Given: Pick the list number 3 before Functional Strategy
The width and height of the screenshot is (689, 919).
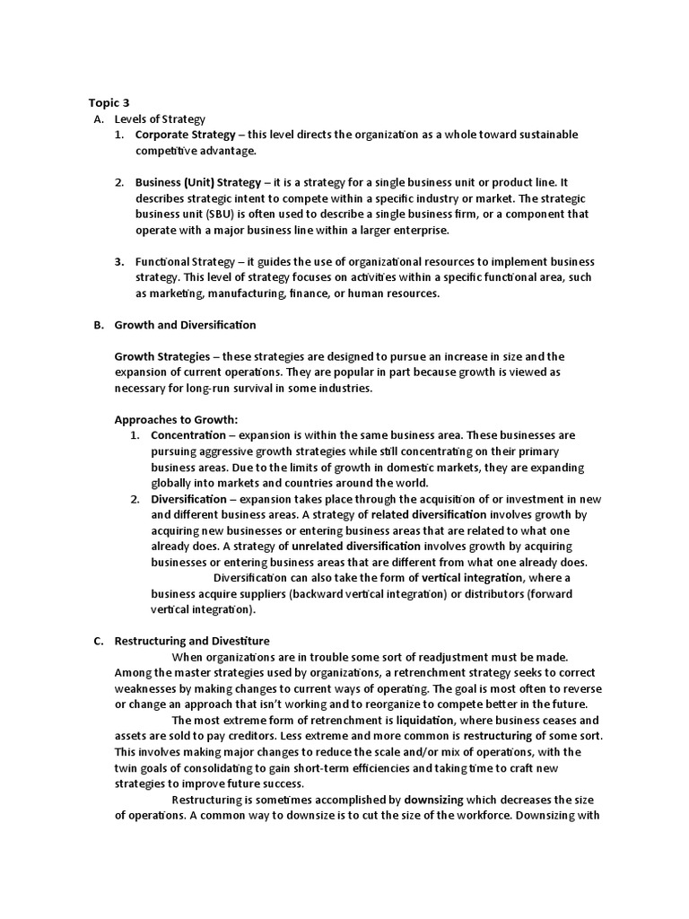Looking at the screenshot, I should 118,262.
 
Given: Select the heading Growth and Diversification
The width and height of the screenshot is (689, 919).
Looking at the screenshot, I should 185,325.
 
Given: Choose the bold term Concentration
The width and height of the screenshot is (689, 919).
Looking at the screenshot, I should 188,435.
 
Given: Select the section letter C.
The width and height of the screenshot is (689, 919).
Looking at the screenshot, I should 98,642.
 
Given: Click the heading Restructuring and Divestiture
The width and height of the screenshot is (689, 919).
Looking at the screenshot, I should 192,642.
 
